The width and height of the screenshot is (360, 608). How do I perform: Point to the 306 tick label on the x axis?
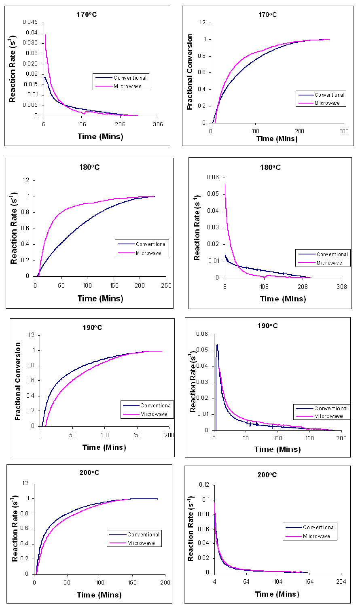click(x=158, y=124)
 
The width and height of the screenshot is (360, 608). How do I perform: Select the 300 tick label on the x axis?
click(x=344, y=131)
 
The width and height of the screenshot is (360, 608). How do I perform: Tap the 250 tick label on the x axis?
click(x=166, y=286)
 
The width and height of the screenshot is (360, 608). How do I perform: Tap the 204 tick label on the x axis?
click(x=341, y=581)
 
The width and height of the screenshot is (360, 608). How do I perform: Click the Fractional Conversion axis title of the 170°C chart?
click(x=190, y=72)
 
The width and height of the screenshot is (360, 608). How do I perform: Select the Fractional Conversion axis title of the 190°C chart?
click(x=18, y=381)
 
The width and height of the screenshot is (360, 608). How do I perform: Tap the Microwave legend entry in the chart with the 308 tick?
click(x=329, y=263)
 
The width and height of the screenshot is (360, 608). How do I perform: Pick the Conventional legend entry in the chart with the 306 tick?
click(x=130, y=78)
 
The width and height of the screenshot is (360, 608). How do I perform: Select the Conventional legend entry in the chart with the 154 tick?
click(x=318, y=527)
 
